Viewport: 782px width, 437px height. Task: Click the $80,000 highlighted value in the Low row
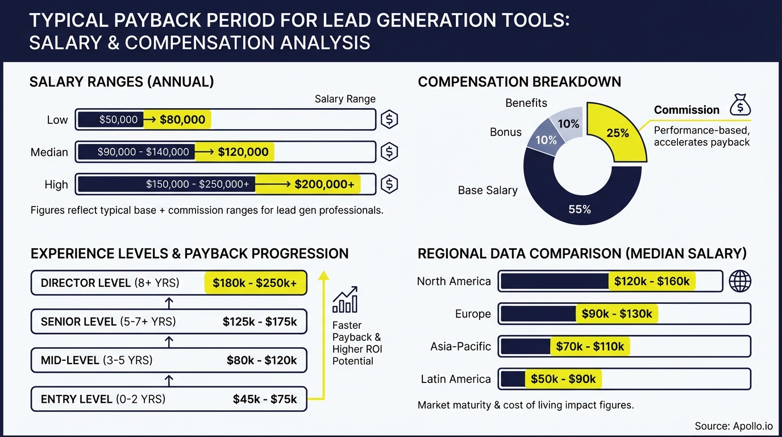(x=182, y=119)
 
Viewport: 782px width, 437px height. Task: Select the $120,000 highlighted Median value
(x=243, y=152)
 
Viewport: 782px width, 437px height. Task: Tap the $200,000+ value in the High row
(x=324, y=184)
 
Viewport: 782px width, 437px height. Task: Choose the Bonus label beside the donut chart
(x=505, y=132)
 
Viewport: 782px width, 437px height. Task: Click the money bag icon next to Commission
(x=740, y=105)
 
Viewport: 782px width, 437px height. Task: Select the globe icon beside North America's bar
(x=739, y=281)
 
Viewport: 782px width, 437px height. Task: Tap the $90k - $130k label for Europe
(x=617, y=314)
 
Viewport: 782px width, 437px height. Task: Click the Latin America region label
(x=455, y=379)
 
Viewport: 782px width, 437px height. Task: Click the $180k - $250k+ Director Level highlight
(x=255, y=283)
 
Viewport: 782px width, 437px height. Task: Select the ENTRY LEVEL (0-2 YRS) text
(x=103, y=399)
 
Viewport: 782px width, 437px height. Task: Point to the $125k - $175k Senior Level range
(x=260, y=322)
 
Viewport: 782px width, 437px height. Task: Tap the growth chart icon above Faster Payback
(x=344, y=300)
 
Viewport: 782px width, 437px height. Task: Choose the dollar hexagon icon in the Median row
(x=389, y=152)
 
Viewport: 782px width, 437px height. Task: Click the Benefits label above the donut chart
(x=526, y=103)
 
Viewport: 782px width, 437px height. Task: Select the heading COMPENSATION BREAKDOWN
(x=519, y=82)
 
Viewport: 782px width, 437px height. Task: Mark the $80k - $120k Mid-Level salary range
(x=261, y=360)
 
